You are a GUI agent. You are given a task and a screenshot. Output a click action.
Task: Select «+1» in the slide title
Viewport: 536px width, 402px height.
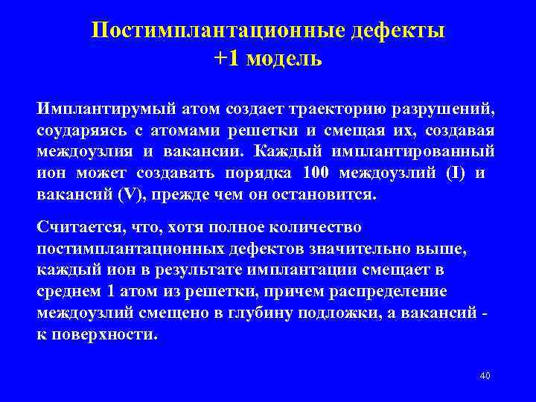(x=229, y=58)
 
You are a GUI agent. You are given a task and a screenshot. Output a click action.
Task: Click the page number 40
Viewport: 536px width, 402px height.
(x=485, y=376)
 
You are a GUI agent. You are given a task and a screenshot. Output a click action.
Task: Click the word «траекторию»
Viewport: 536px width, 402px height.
(x=339, y=109)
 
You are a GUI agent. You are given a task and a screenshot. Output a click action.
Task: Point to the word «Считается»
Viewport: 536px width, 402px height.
(x=78, y=226)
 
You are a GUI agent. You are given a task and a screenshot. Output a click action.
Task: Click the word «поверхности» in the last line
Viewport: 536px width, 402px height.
(x=104, y=334)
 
